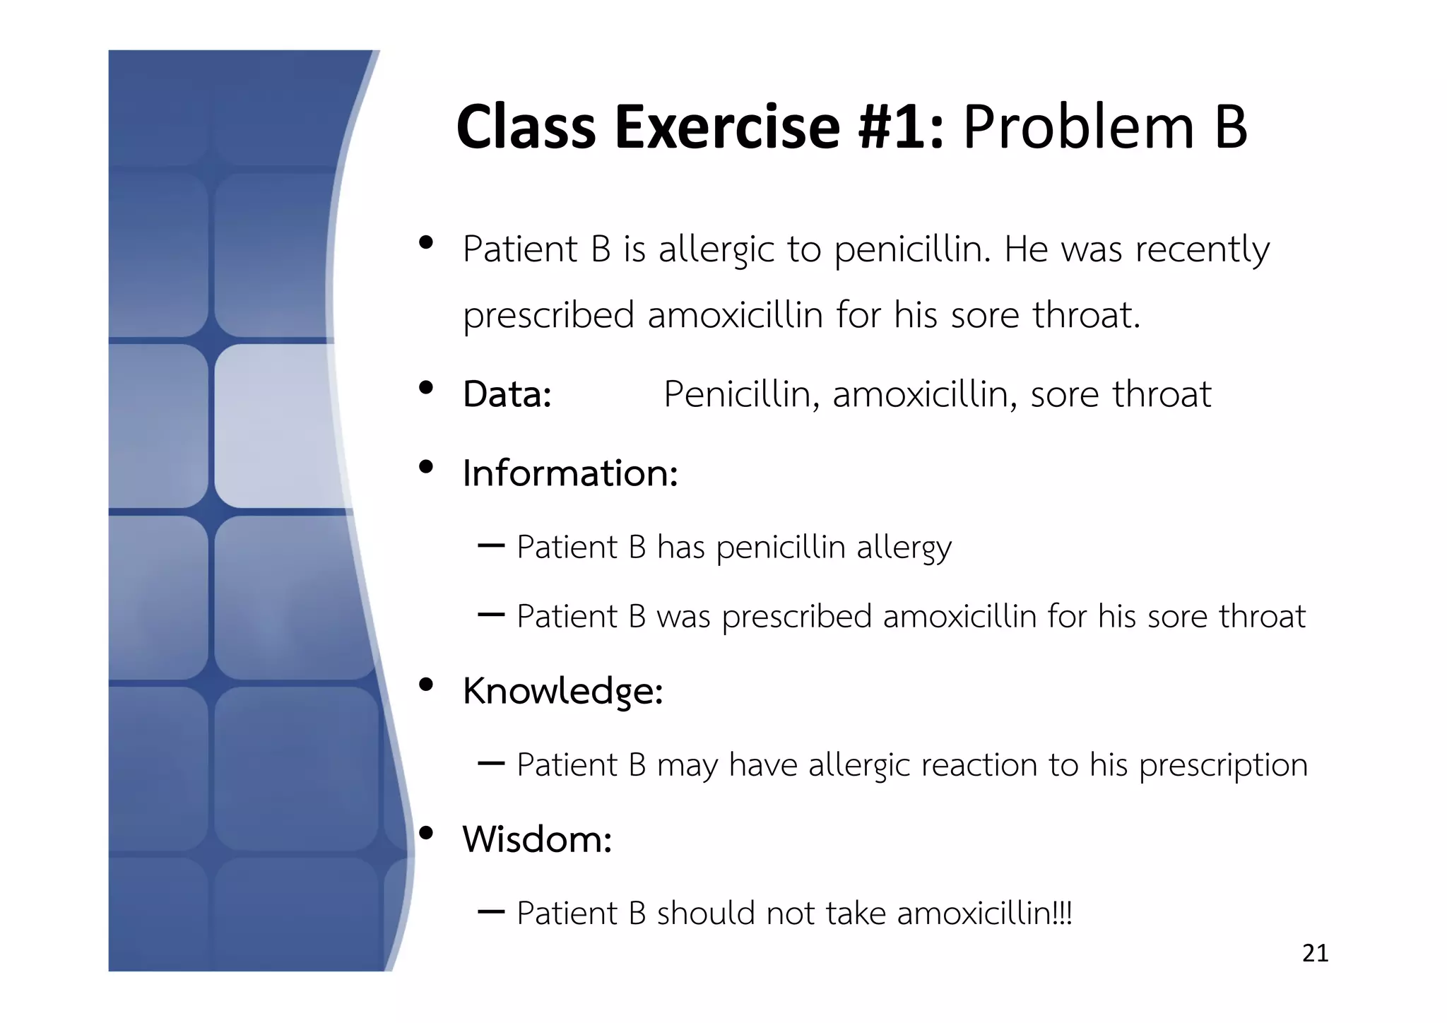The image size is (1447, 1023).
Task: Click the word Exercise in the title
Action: coord(727,127)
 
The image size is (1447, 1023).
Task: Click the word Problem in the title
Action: coord(1077,127)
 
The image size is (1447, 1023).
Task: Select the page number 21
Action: coord(1315,953)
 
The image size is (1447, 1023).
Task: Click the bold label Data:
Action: coord(507,394)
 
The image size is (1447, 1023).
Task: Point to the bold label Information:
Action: coord(569,473)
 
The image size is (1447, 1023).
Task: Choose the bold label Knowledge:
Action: coord(562,690)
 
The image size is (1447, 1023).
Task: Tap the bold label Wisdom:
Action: coord(536,839)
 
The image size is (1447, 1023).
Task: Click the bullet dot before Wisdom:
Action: coord(425,833)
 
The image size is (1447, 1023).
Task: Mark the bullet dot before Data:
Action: coord(425,388)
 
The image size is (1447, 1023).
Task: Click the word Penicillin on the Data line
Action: coord(741,394)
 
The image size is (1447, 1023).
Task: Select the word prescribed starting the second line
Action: coord(548,316)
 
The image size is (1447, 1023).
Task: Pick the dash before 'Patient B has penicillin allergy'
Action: coord(490,545)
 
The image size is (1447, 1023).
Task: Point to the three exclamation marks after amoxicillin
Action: coord(1061,913)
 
